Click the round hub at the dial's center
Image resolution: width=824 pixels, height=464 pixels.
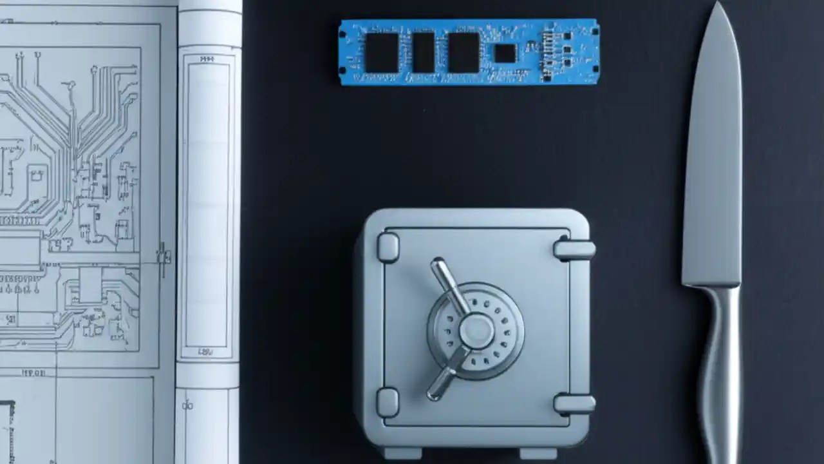[x=476, y=331]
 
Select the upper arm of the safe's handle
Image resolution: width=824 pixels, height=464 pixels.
[x=449, y=284]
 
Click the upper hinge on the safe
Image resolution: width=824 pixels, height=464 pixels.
[x=574, y=249]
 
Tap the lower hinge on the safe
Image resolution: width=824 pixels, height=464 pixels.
[x=574, y=403]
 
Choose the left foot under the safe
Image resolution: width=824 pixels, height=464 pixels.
[x=402, y=453]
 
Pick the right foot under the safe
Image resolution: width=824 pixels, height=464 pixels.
[x=538, y=453]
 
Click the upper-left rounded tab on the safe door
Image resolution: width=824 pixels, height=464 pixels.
[x=388, y=247]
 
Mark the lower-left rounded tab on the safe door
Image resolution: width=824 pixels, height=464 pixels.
[x=388, y=402]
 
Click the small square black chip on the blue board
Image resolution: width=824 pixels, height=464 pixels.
[x=505, y=53]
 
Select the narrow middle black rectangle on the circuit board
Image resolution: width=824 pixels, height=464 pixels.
[x=424, y=53]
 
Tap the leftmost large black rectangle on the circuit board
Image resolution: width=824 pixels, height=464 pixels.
[x=382, y=53]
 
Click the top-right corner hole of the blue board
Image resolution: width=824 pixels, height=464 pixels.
[x=595, y=30]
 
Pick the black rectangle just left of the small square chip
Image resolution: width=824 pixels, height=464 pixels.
[x=464, y=53]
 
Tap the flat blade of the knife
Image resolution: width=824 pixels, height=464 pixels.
[x=713, y=161]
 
